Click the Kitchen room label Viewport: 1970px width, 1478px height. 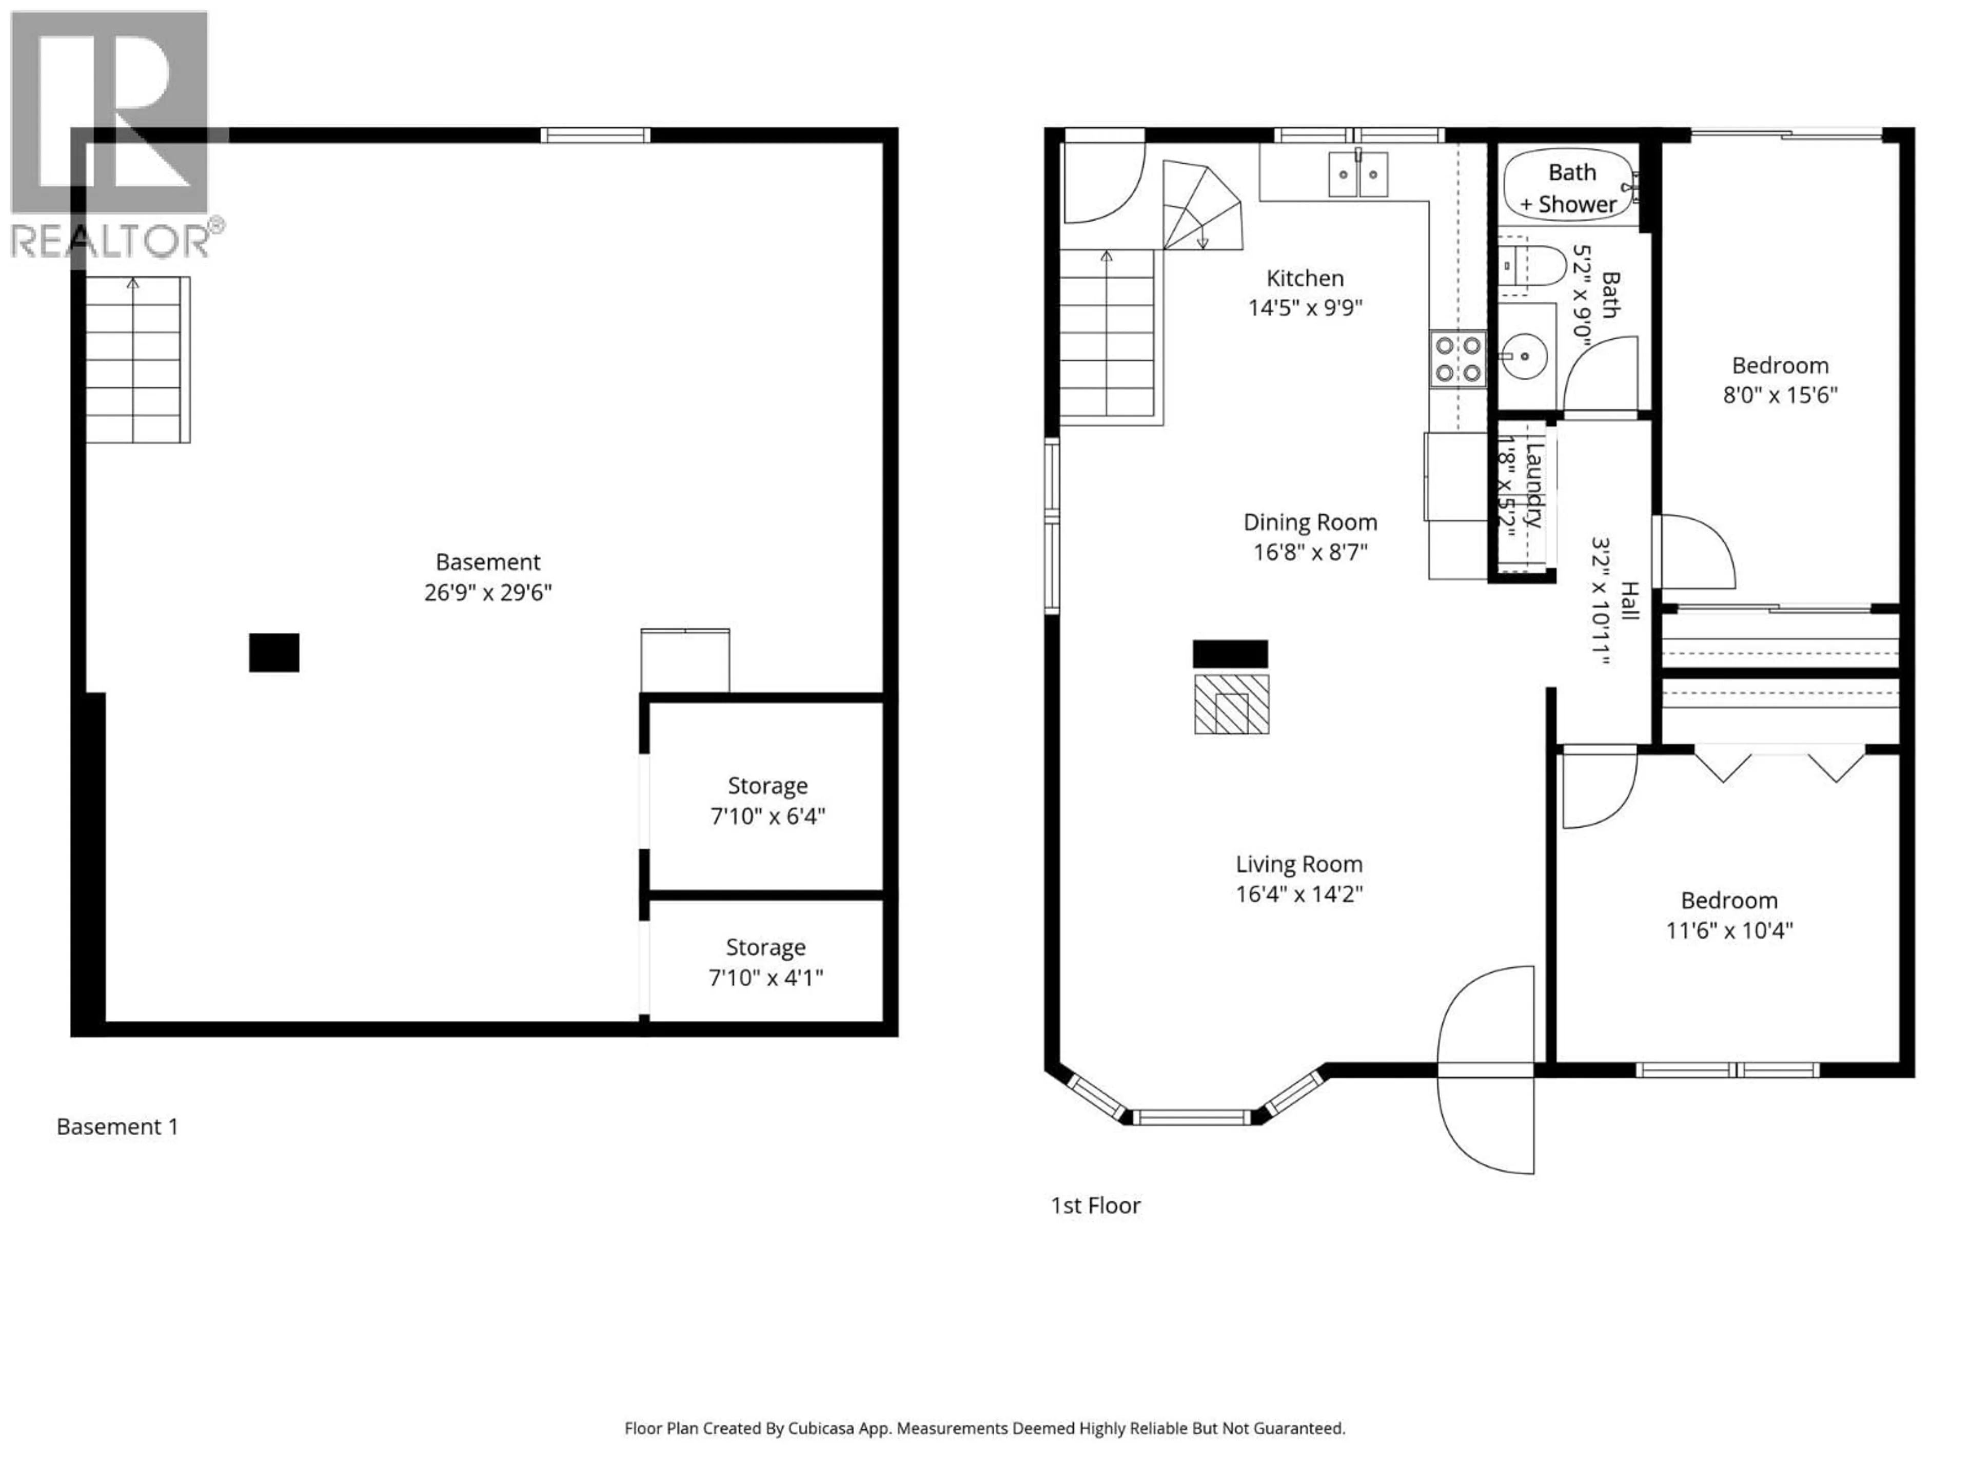point(1305,278)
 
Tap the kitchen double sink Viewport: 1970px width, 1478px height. point(1358,174)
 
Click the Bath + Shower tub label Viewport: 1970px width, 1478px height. point(1571,188)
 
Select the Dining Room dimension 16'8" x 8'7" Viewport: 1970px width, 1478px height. point(1310,552)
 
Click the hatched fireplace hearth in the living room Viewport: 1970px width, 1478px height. point(1232,704)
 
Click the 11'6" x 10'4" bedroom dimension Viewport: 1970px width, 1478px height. point(1729,930)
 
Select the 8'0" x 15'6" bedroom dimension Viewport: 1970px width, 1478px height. point(1779,395)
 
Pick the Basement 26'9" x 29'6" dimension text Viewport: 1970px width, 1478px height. point(488,592)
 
